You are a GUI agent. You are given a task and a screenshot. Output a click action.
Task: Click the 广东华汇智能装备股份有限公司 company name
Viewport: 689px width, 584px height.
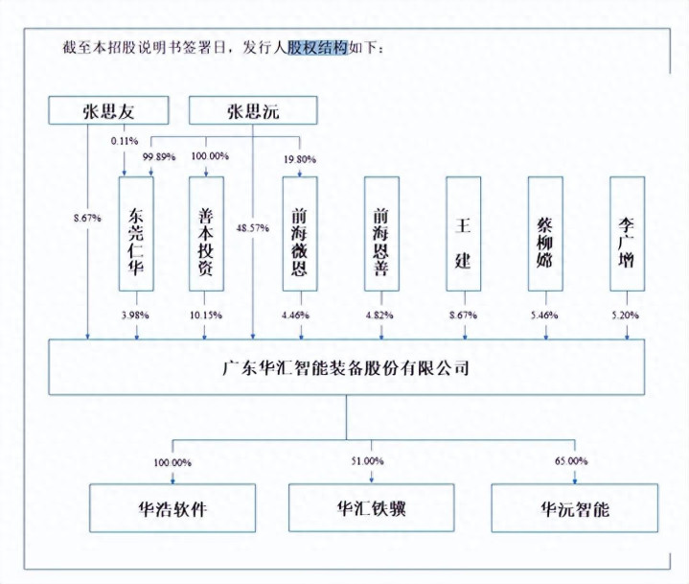(346, 367)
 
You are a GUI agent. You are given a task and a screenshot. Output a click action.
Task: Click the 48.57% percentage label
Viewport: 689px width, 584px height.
(253, 228)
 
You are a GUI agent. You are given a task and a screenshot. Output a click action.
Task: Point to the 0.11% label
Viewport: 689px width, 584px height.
(125, 141)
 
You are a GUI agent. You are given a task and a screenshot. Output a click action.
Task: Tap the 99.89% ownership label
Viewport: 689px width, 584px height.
(159, 157)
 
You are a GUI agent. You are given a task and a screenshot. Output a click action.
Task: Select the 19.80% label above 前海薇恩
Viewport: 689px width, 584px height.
(300, 159)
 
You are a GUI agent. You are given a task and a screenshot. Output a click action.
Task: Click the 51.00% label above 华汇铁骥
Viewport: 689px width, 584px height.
(367, 461)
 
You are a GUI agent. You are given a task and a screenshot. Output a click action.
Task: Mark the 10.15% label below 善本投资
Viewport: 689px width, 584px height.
(206, 315)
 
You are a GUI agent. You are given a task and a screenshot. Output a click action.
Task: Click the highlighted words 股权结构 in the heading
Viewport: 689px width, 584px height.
(318, 48)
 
